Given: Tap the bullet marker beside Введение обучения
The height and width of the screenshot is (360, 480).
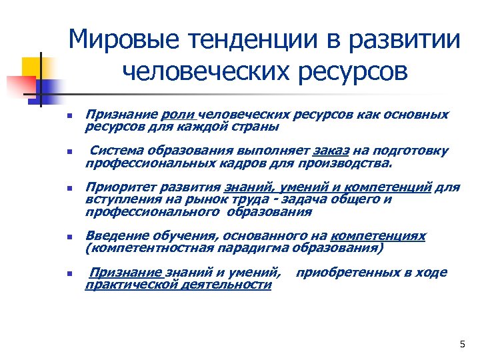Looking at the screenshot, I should click(x=69, y=237).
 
